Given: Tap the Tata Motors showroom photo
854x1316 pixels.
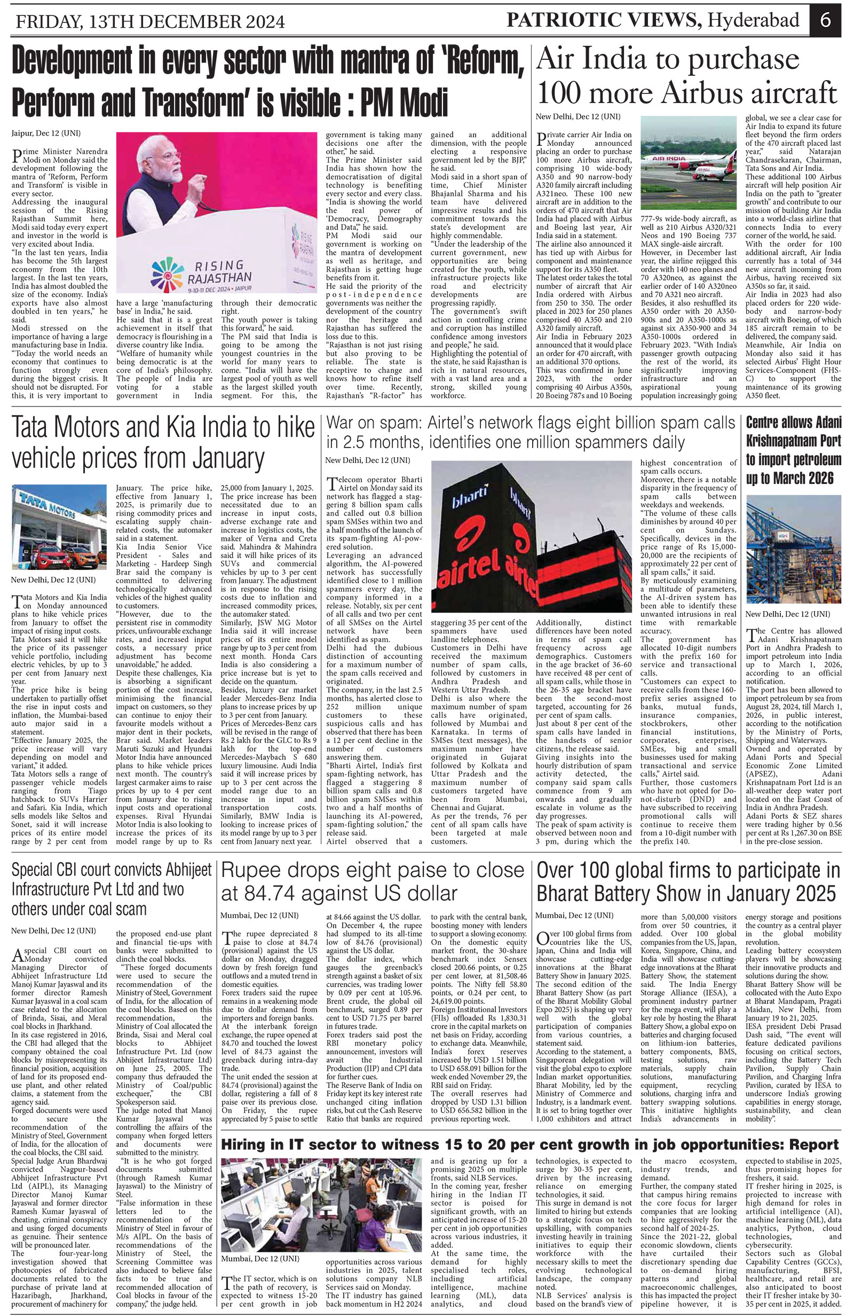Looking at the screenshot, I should pyautogui.click(x=59, y=527).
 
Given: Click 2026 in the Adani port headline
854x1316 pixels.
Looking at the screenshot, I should pyautogui.click(x=816, y=477).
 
